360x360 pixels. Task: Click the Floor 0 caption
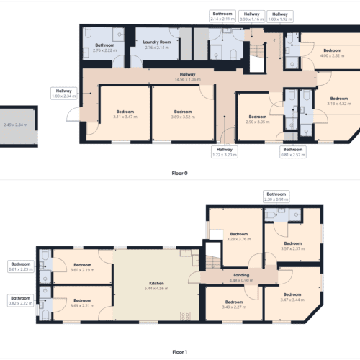point(179,173)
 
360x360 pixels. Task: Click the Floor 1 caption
point(179,352)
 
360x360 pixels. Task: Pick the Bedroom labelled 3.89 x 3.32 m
point(184,114)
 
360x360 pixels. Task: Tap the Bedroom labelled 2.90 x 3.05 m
point(258,119)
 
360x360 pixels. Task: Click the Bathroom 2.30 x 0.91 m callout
point(276,197)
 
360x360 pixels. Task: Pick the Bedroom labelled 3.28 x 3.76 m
point(238,238)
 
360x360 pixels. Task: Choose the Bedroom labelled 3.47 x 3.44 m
point(292,298)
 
